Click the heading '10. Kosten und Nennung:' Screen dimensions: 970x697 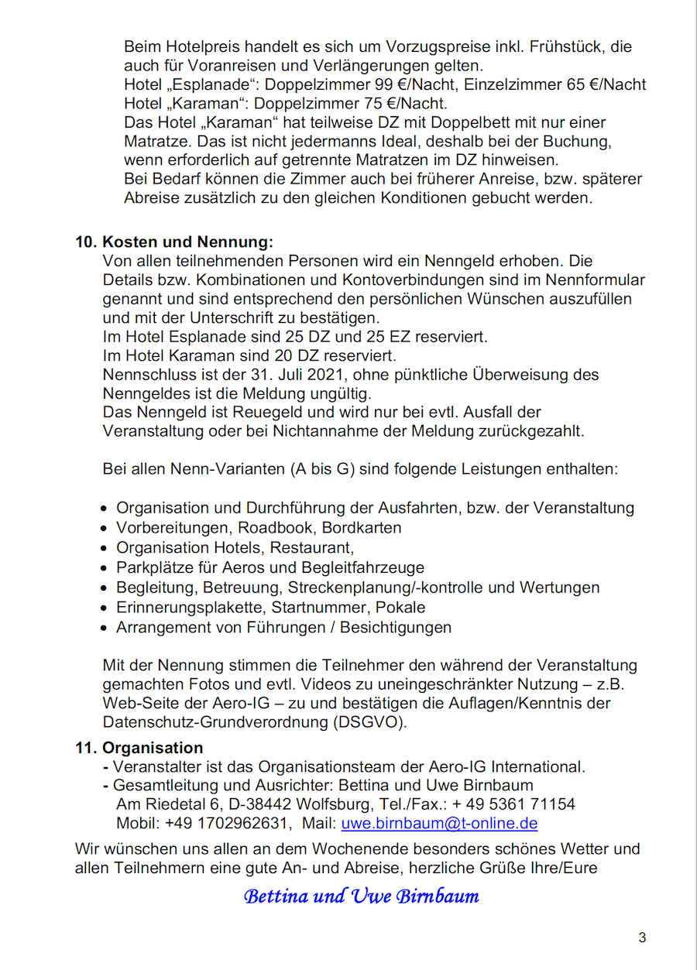(174, 242)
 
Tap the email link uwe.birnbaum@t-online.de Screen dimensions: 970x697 (439, 824)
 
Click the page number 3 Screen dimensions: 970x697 (642, 938)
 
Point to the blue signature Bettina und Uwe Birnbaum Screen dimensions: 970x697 (361, 896)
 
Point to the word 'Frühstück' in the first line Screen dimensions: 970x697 (567, 46)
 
